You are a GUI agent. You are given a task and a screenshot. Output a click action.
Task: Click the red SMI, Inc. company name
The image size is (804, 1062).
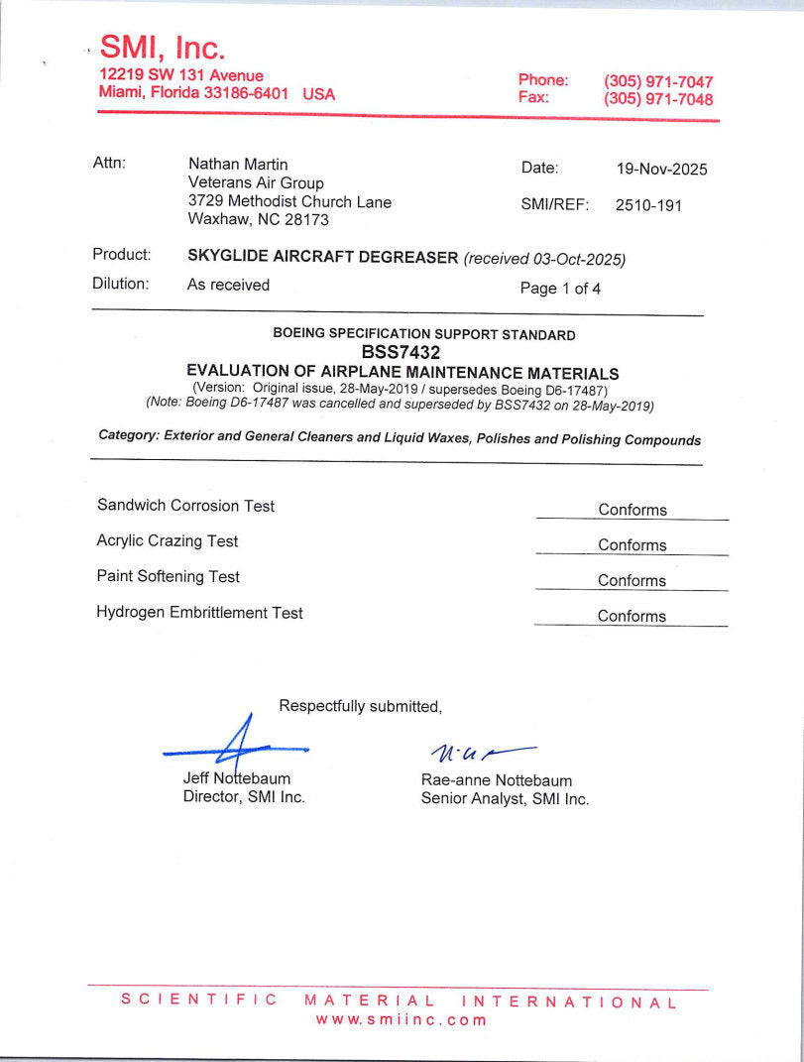coord(163,47)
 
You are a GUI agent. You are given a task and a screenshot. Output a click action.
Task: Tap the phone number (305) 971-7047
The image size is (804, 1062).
coord(658,81)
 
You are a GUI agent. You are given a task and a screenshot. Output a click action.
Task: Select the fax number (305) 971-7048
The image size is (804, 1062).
coord(658,99)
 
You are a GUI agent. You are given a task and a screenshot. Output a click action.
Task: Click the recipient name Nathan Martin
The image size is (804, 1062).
coord(238,164)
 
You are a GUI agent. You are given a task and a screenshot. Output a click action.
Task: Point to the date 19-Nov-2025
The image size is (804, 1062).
coord(662,169)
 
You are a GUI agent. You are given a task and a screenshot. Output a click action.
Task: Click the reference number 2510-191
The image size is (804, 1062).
coord(648,206)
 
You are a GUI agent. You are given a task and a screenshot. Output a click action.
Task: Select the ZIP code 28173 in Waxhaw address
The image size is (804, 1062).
coord(306,220)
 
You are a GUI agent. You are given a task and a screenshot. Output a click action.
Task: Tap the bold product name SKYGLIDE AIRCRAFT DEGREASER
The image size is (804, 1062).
coord(323,256)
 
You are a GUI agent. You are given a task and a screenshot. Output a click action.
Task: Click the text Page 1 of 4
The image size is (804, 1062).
coord(560,289)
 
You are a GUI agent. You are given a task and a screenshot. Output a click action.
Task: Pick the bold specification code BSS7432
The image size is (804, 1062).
coord(402,352)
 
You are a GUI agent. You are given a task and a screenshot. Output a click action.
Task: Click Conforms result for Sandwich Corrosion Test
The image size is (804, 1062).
coord(632,510)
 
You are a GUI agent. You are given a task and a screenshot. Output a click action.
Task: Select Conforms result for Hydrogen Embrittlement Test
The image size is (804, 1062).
coord(632,616)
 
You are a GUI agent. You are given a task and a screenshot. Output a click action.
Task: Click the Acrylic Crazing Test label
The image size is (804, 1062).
coord(168,541)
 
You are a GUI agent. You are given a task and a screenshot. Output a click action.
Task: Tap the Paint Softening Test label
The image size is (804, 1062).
coord(169,576)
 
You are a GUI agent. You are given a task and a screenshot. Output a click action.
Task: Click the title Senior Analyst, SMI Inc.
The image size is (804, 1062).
coord(505,799)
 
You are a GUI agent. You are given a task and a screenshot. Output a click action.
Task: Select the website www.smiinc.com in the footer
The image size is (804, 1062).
coord(402,1021)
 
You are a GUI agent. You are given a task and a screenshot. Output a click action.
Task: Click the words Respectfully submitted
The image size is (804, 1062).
coord(360,706)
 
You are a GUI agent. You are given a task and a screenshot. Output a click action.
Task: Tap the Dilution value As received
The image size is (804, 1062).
coord(228,285)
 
